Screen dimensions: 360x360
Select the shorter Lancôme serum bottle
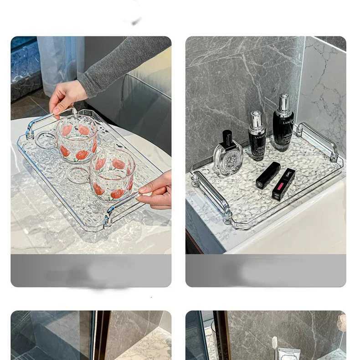click(257, 137)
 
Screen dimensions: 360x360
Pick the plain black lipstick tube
click(268, 175)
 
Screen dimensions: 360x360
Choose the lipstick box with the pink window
click(283, 184)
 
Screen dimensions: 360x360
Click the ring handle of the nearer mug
click(77, 175)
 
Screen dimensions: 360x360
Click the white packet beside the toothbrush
click(289, 354)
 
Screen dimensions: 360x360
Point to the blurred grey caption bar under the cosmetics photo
click(266, 271)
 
